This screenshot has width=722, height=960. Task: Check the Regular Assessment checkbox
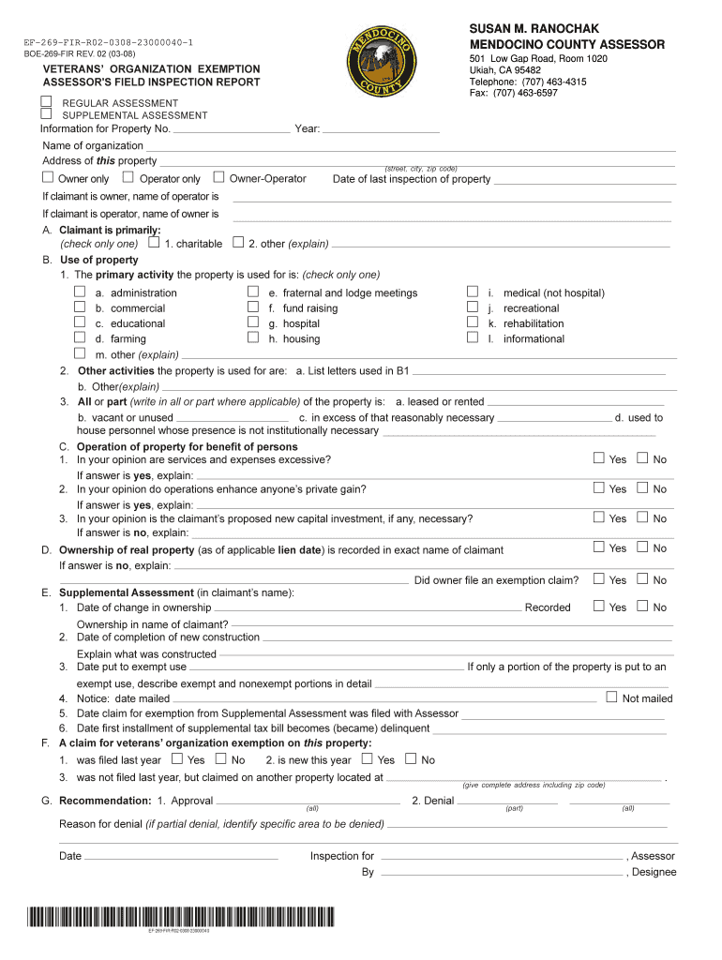(45, 100)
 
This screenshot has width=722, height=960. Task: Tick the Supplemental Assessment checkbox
(45, 113)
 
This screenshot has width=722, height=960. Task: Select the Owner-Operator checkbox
(218, 177)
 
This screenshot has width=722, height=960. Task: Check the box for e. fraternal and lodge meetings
(252, 292)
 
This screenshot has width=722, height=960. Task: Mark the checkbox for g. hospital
(252, 322)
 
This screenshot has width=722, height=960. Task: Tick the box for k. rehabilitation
(473, 322)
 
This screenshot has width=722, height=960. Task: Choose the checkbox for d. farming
(80, 337)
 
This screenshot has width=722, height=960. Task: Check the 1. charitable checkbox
(154, 243)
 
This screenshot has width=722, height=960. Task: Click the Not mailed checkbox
(611, 697)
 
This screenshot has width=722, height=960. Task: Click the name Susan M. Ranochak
(534, 29)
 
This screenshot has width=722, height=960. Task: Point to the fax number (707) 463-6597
(514, 93)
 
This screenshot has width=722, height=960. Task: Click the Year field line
(382, 131)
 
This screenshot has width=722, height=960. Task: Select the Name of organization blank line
(411, 148)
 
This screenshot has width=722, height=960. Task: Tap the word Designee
(654, 872)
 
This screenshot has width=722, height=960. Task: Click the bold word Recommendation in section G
(105, 801)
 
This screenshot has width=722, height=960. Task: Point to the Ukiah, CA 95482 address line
(505, 70)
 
